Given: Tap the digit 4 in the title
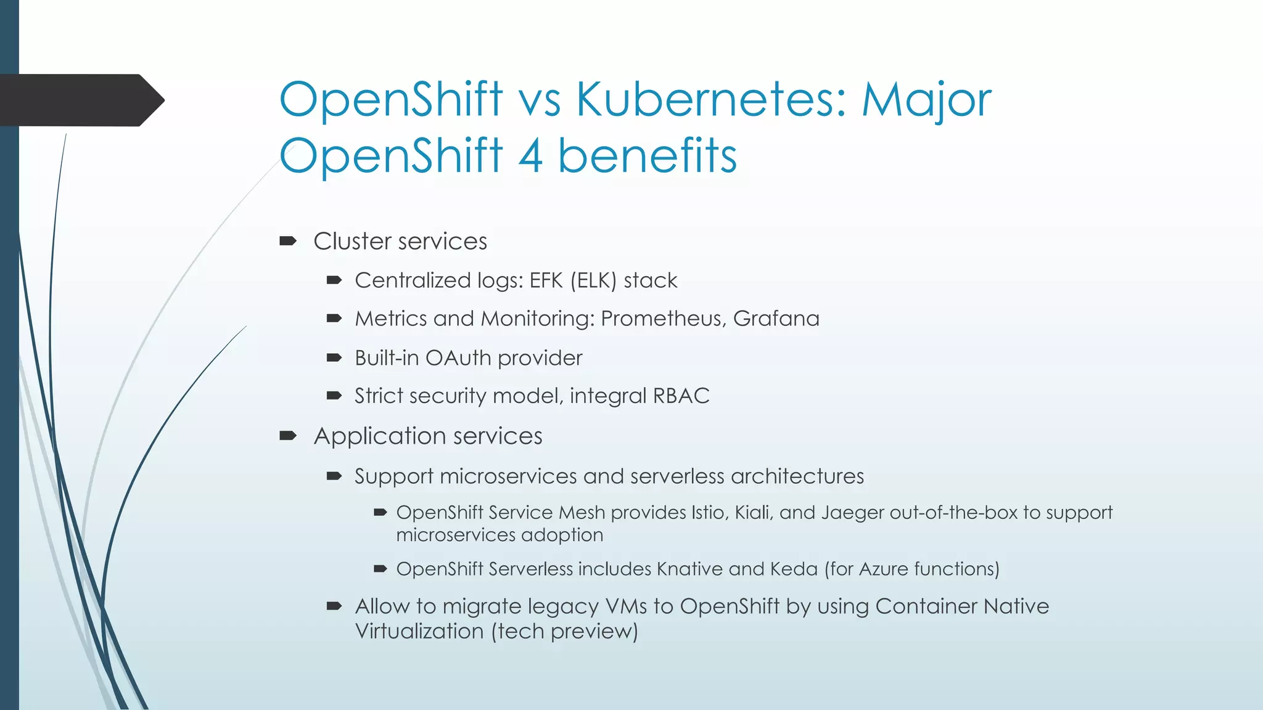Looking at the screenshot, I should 530,155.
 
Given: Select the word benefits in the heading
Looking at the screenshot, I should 647,155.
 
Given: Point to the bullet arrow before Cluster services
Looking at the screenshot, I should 288,241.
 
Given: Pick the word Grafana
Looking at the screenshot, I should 776,319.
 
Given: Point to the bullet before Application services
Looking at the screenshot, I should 288,436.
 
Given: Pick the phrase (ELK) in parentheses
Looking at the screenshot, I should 593,280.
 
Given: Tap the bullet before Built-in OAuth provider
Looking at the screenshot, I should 334,358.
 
